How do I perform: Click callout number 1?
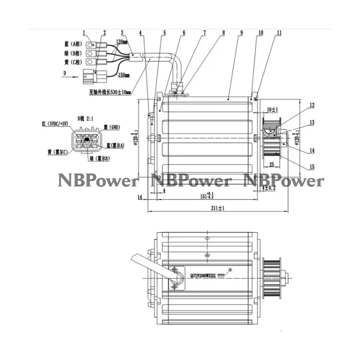click(x=84, y=33)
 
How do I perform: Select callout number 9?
click(x=241, y=33)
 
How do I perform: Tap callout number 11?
click(x=279, y=33)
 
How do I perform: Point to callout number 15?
click(x=312, y=167)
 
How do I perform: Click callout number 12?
click(x=312, y=105)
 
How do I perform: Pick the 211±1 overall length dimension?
click(x=219, y=208)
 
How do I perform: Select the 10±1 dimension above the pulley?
click(x=273, y=109)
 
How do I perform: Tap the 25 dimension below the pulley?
click(x=271, y=165)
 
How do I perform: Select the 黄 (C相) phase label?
click(x=73, y=62)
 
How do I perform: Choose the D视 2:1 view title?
click(x=85, y=117)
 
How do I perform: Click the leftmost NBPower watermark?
click(x=98, y=181)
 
